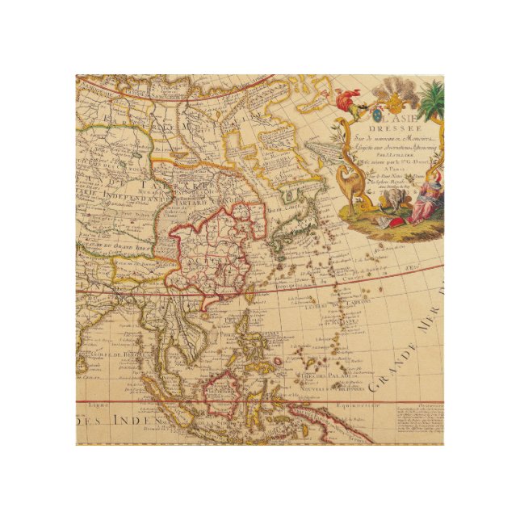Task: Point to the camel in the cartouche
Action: coord(350,182)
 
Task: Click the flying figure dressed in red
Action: coord(347,100)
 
